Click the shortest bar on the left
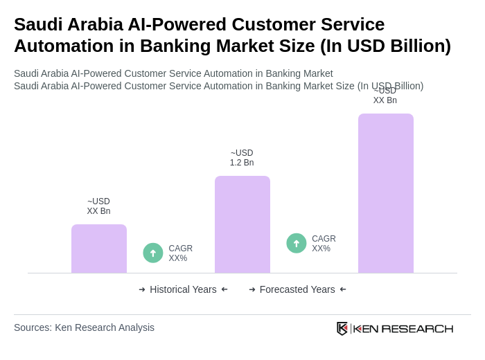coord(99,249)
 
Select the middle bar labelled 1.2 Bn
coord(242,224)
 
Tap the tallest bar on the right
coord(386,193)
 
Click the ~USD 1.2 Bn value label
coord(242,158)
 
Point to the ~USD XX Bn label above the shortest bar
coord(98,206)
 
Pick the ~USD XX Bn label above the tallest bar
coord(385,96)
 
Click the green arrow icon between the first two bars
coord(153,253)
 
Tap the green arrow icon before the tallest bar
coord(297,243)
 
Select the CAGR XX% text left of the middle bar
coord(180,253)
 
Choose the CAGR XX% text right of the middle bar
coord(324,244)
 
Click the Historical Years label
coord(183,289)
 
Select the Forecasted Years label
coord(297,289)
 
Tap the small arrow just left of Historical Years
coord(142,289)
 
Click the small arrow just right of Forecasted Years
coord(343,289)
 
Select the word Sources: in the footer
coord(33,327)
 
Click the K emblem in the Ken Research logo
coord(342,328)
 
